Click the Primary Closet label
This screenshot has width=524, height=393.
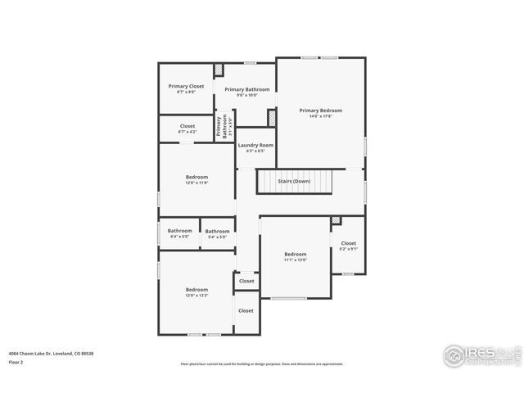[x=187, y=86]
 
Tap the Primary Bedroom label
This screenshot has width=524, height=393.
[x=320, y=111]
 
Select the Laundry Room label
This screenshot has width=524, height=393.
[x=255, y=146]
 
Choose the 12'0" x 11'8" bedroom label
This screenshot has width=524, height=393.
[x=196, y=177]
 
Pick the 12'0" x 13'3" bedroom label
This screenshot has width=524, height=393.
[x=196, y=289]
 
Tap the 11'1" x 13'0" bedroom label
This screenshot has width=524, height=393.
[x=295, y=254]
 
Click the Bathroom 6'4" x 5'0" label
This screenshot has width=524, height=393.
[x=179, y=231]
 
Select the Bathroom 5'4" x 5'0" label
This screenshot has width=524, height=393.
[x=217, y=231]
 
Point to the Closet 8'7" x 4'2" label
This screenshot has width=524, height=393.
[x=187, y=126]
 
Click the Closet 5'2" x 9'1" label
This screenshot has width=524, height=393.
[x=348, y=243]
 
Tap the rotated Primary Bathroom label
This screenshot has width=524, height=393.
[x=222, y=127]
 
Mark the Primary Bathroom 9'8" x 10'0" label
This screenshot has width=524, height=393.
[x=246, y=89]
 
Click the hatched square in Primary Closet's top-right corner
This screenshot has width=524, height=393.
[x=219, y=70]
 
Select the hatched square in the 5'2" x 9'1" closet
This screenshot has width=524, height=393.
[x=336, y=220]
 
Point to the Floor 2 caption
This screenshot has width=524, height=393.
[x=16, y=361]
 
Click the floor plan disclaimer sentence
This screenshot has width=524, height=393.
[x=262, y=364]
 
